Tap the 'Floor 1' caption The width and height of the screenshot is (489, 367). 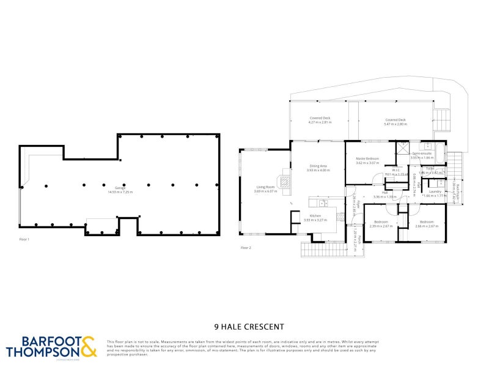pyautogui.click(x=24, y=240)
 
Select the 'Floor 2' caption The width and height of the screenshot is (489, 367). pyautogui.click(x=246, y=248)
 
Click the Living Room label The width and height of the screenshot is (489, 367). pyautogui.click(x=265, y=189)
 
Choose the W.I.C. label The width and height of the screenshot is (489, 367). pyautogui.click(x=396, y=172)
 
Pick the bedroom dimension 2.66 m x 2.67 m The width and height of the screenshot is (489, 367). pyautogui.click(x=425, y=226)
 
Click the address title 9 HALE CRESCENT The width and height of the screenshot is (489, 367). pyautogui.click(x=244, y=327)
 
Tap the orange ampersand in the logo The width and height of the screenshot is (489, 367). pyautogui.click(x=88, y=347)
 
